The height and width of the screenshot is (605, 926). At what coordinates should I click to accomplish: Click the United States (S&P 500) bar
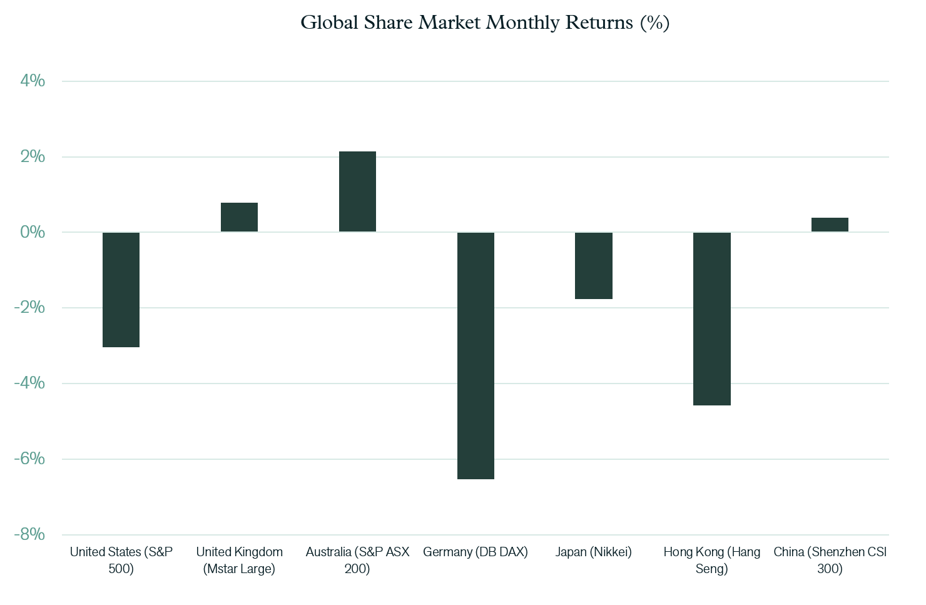click(121, 290)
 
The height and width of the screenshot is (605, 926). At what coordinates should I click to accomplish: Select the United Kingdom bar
click(240, 217)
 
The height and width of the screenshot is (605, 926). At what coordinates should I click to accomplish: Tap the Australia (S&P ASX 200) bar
click(358, 191)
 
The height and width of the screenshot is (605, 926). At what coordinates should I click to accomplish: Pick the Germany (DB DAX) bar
click(476, 356)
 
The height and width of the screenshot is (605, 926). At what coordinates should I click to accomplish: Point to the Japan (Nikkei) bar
click(594, 266)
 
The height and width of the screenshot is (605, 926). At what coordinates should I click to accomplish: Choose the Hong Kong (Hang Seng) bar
click(712, 319)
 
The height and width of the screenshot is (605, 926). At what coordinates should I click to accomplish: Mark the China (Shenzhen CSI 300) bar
click(830, 225)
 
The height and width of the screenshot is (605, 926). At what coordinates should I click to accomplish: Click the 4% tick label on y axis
click(33, 81)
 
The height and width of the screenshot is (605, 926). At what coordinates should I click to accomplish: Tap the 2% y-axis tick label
click(33, 156)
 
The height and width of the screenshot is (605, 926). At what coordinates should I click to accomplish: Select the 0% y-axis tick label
click(33, 232)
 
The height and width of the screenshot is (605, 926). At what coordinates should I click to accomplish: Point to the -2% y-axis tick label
click(29, 307)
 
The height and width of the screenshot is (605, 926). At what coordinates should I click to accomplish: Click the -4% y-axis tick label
click(29, 383)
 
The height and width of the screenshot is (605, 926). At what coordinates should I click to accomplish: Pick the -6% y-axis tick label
click(29, 459)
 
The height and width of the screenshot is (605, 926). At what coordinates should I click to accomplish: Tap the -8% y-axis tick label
click(29, 534)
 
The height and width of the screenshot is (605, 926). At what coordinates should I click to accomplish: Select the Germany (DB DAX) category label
click(476, 552)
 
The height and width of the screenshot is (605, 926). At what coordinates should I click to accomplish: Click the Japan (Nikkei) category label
click(594, 552)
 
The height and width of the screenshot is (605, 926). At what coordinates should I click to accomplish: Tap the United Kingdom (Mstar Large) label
click(240, 561)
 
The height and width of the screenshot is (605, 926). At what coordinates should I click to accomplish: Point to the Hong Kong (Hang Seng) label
click(712, 561)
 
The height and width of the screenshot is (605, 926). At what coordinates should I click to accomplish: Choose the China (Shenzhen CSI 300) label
click(830, 561)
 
